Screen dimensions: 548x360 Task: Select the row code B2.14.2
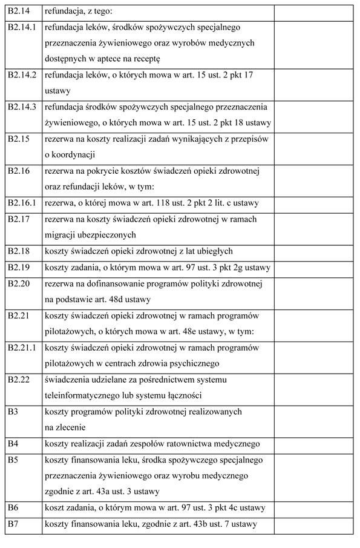point(23,75)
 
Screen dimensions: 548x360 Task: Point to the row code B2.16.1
point(23,203)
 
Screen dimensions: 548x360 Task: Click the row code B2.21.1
point(23,348)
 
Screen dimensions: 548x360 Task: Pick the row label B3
point(13,412)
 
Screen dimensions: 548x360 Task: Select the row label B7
point(13,523)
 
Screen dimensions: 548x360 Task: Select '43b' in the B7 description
point(197,523)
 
